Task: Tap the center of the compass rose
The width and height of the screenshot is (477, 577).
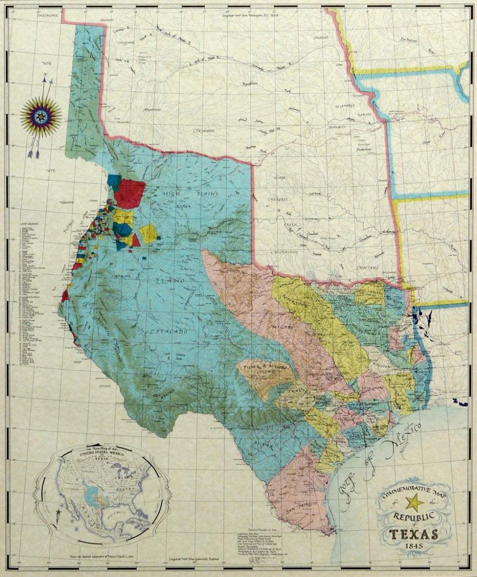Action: click(x=40, y=113)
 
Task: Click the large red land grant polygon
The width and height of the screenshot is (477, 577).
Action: click(x=129, y=193)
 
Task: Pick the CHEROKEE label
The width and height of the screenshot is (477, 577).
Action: click(x=279, y=200)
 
